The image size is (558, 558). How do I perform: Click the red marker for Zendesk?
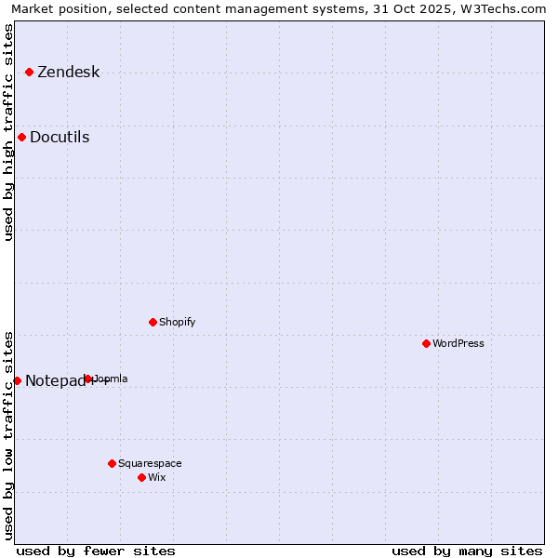click(29, 72)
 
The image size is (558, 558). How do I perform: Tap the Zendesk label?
click(68, 73)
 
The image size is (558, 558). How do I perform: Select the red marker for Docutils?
click(21, 138)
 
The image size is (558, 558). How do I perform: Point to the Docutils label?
click(60, 138)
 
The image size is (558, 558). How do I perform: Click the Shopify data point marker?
click(153, 322)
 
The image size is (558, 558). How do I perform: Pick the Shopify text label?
click(177, 323)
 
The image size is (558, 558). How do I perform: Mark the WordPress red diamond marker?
click(426, 343)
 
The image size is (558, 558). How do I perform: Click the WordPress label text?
click(458, 344)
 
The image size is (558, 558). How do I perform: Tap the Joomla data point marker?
click(88, 379)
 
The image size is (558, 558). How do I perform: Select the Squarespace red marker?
click(112, 463)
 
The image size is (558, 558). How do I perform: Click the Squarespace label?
click(150, 464)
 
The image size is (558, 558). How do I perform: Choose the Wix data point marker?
click(141, 477)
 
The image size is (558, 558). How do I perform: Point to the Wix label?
click(156, 478)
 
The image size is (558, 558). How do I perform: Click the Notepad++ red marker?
click(17, 380)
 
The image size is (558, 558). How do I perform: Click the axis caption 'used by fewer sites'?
click(96, 551)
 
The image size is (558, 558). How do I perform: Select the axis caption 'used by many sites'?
click(467, 551)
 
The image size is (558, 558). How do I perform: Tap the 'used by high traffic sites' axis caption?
click(9, 132)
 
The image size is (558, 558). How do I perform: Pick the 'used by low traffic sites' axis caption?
click(9, 435)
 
